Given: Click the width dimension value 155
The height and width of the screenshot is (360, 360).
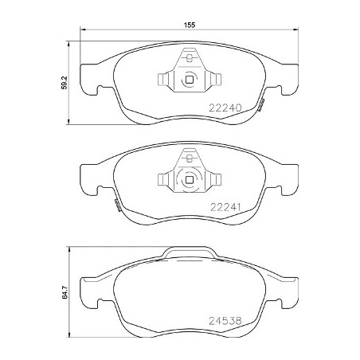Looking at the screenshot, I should [x=190, y=25].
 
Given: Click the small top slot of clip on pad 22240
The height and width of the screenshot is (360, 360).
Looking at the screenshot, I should [x=190, y=57].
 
